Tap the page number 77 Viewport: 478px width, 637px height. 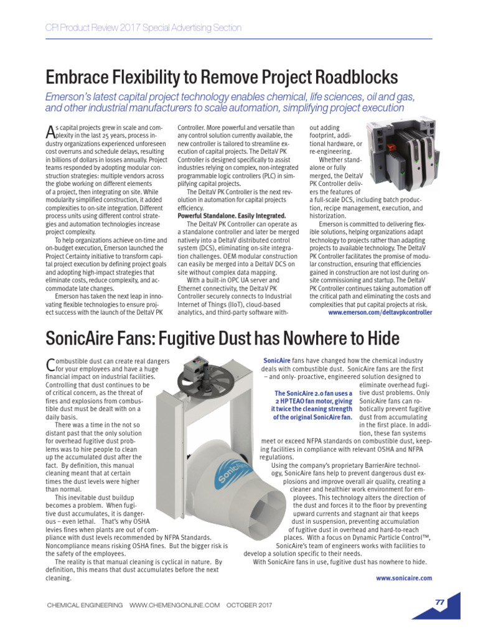click(x=439, y=602)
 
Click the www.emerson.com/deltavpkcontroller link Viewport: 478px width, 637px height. click(x=379, y=313)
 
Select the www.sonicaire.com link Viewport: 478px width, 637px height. click(x=403, y=577)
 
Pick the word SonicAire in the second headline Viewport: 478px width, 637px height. click(x=82, y=339)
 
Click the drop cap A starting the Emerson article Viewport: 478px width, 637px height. click(x=52, y=131)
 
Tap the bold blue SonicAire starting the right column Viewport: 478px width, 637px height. click(x=274, y=360)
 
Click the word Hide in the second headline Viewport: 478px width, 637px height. click(x=378, y=339)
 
